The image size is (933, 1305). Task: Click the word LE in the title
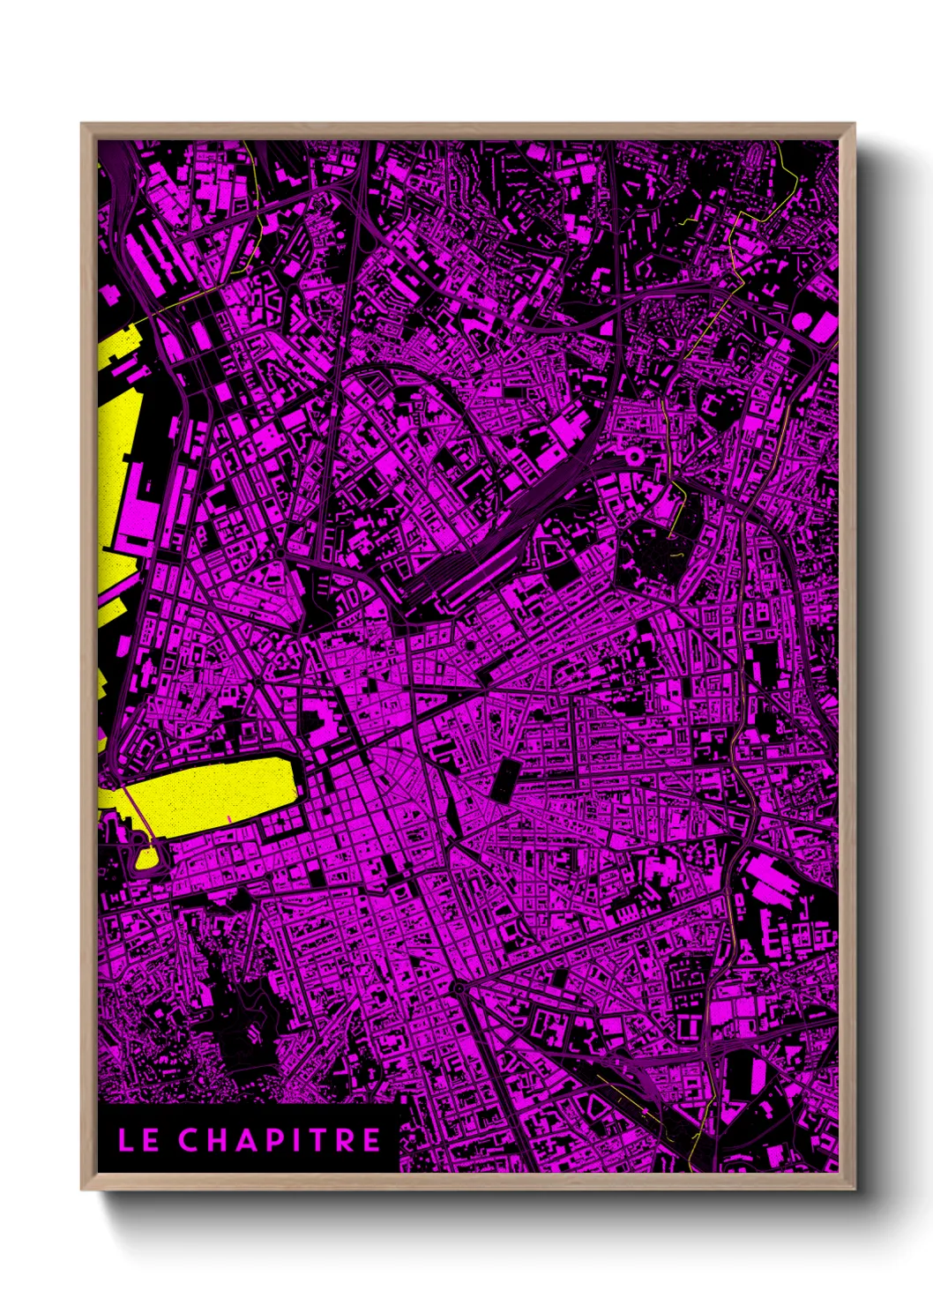(138, 1140)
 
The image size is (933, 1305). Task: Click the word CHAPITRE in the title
(280, 1140)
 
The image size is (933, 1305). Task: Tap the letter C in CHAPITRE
(190, 1140)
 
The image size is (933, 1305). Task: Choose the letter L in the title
(126, 1140)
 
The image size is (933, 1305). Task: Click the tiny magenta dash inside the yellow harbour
(229, 819)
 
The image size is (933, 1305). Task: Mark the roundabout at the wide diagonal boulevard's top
(459, 988)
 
